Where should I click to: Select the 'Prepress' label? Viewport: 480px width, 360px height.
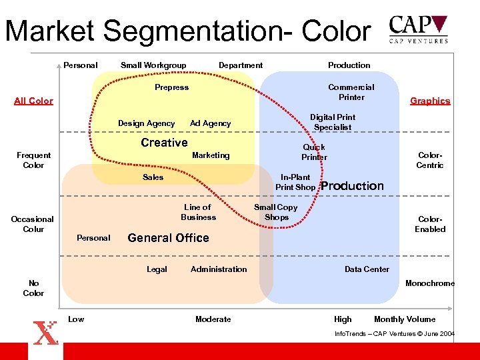(x=171, y=87)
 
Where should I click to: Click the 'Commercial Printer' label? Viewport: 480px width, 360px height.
(x=351, y=92)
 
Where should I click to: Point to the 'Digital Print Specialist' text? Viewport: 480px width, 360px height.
(x=333, y=122)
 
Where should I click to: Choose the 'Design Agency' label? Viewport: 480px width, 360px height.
(x=146, y=123)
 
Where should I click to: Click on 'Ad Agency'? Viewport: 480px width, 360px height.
(x=210, y=123)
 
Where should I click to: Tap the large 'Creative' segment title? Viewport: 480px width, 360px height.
(x=164, y=143)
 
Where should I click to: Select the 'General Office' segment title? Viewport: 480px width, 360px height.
(x=168, y=238)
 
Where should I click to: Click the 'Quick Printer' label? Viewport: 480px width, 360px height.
(x=314, y=152)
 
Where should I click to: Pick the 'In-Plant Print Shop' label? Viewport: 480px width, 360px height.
(x=295, y=182)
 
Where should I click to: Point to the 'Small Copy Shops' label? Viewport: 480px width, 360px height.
(x=276, y=212)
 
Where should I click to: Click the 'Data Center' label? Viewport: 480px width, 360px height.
(x=367, y=269)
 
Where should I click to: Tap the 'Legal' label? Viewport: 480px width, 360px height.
(x=157, y=269)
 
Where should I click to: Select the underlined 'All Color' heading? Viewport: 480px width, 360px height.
(x=33, y=101)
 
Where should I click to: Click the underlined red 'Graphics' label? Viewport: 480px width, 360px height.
(x=430, y=101)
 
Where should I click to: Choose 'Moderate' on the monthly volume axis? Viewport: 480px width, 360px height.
(x=213, y=319)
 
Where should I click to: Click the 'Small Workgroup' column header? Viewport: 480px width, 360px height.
(x=153, y=65)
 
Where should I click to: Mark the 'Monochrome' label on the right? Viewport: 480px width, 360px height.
(x=430, y=283)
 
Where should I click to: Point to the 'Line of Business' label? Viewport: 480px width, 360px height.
(x=198, y=212)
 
